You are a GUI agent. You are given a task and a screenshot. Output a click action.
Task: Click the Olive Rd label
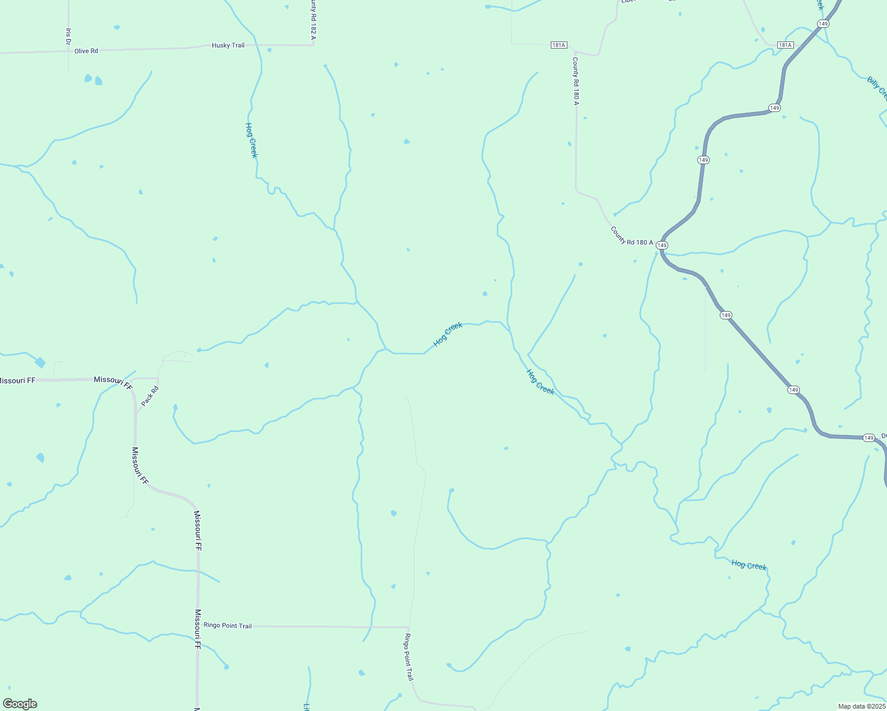pyautogui.click(x=86, y=51)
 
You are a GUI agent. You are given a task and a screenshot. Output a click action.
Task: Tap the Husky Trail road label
pyautogui.click(x=228, y=46)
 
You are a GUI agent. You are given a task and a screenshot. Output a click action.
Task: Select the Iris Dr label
pyautogui.click(x=69, y=36)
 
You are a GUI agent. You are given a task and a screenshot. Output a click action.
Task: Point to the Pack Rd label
pyautogui.click(x=150, y=396)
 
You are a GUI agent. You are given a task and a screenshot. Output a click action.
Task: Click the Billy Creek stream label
pyautogui.click(x=876, y=88)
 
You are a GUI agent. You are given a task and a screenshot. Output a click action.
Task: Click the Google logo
pyautogui.click(x=20, y=703)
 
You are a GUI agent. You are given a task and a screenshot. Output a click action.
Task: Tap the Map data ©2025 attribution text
pyautogui.click(x=862, y=706)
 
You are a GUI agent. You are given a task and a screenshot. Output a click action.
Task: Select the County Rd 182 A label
pyautogui.click(x=312, y=21)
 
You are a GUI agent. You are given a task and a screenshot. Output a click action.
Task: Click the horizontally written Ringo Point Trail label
pyautogui.click(x=228, y=626)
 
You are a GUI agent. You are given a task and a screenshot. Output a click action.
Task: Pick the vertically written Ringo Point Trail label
pyautogui.click(x=408, y=657)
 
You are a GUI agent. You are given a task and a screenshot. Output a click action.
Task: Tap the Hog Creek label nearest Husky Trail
pyautogui.click(x=251, y=140)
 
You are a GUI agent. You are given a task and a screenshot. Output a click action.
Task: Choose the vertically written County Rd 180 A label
pyautogui.click(x=575, y=81)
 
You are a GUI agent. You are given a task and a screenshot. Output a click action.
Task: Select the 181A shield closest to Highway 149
pyautogui.click(x=785, y=45)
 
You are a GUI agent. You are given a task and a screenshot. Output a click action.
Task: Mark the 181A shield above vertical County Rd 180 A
pyautogui.click(x=559, y=45)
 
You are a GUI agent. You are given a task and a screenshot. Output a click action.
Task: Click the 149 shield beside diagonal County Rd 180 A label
pyautogui.click(x=662, y=245)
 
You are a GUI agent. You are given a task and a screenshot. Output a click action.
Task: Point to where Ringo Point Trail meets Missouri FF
pyautogui.click(x=198, y=626)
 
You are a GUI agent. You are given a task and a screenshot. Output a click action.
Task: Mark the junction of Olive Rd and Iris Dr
pyautogui.click(x=68, y=52)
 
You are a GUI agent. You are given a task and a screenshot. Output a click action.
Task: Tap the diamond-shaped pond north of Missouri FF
pyautogui.click(x=40, y=362)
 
